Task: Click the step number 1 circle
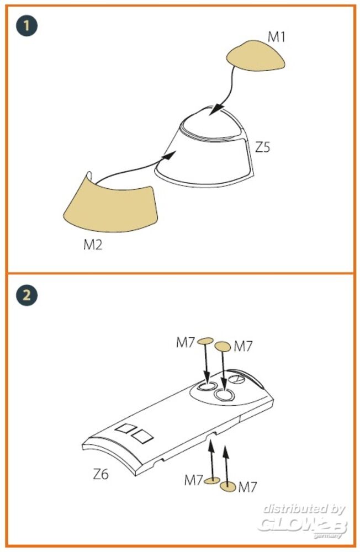(x=27, y=26)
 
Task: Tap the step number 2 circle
(x=27, y=295)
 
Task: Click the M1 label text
(x=277, y=36)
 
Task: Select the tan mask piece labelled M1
(x=255, y=56)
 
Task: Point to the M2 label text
(x=93, y=245)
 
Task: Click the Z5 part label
(x=262, y=147)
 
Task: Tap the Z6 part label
(x=100, y=475)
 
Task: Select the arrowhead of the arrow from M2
(x=170, y=156)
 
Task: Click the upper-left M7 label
(x=186, y=342)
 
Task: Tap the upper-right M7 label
(x=243, y=347)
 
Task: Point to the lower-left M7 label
(x=194, y=480)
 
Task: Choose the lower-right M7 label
(x=247, y=487)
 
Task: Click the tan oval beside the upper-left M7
(x=205, y=341)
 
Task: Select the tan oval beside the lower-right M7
(x=227, y=486)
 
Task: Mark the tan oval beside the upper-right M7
(x=223, y=347)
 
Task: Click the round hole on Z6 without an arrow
(x=237, y=379)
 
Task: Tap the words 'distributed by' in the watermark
(x=304, y=509)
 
